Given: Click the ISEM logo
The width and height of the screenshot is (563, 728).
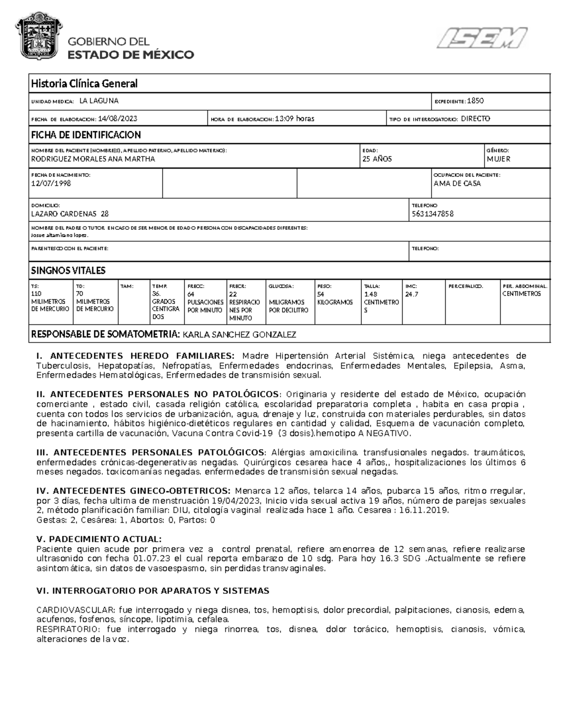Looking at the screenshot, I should click(482, 38).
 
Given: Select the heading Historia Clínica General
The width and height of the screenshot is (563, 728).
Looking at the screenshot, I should click(84, 84).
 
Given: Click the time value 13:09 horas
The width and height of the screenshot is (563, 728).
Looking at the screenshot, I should click(295, 119).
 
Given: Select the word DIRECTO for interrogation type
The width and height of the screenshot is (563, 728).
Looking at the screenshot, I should click(475, 119).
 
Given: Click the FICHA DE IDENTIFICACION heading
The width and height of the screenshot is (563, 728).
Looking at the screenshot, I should click(86, 135).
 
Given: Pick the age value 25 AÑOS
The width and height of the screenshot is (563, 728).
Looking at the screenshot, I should click(377, 159).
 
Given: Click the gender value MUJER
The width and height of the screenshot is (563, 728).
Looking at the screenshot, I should click(498, 159).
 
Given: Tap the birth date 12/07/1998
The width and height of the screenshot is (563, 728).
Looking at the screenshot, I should click(51, 183).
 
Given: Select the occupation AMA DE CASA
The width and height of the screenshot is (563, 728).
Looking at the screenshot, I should click(457, 184).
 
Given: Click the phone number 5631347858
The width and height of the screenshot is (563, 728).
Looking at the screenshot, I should click(432, 214).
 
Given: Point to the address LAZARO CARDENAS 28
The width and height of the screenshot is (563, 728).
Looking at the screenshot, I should click(69, 214).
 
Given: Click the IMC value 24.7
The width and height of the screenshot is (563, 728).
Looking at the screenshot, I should click(411, 294).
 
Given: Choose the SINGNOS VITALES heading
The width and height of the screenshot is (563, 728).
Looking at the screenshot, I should click(68, 270).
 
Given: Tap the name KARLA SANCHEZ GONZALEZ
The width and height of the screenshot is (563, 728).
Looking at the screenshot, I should click(239, 335).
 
